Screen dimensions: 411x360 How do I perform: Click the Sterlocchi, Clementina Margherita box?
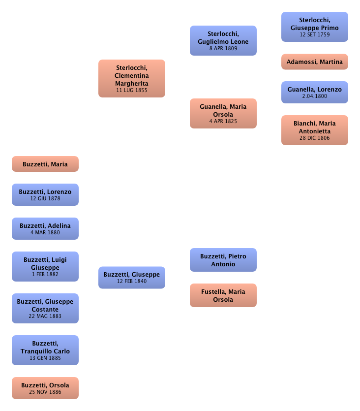pos(131,79)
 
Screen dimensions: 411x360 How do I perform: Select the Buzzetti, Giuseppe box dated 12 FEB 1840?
pos(131,278)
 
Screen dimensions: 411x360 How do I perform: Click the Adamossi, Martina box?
pos(315,62)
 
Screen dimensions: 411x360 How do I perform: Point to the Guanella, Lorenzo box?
pos(315,93)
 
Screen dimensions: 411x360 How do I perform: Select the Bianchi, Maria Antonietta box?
pos(315,130)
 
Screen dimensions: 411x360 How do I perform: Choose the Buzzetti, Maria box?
pos(45,164)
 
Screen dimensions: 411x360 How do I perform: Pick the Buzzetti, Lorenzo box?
pos(45,194)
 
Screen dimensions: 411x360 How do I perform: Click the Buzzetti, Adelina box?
pos(45,229)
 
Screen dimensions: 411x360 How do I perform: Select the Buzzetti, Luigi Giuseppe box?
pos(45,266)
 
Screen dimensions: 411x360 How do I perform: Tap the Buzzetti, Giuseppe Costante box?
pos(45,308)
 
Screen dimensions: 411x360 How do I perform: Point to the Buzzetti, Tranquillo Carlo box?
pos(45,350)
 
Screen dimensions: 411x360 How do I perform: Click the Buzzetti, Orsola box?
pos(45,388)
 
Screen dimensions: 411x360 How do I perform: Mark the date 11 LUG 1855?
pos(131,91)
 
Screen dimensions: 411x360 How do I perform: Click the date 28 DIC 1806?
pos(315,138)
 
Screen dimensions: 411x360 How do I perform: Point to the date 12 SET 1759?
pos(315,35)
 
